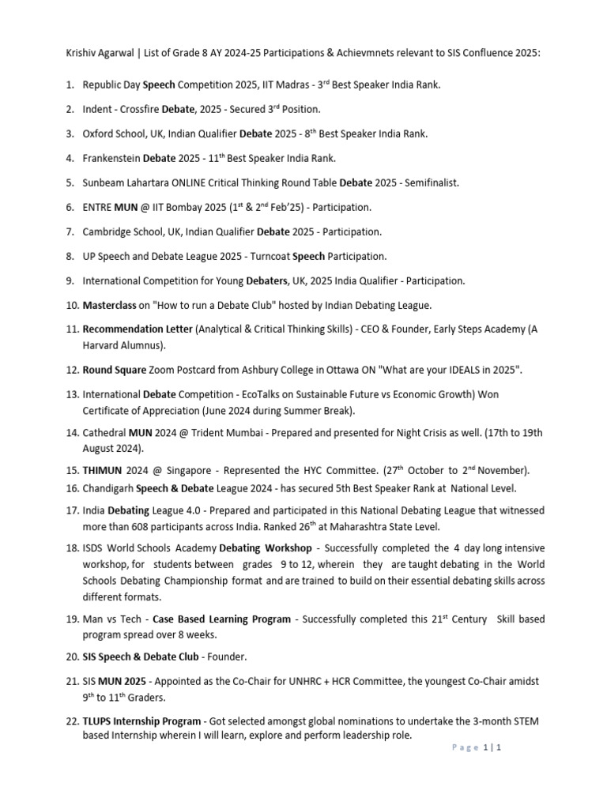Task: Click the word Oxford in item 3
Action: click(x=100, y=134)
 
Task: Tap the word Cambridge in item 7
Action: click(x=109, y=231)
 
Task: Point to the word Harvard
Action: click(x=105, y=344)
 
